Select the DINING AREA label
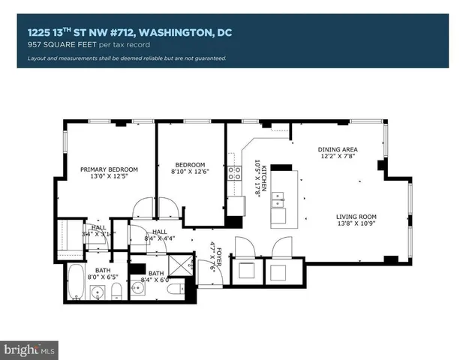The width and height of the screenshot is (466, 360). click(x=335, y=148)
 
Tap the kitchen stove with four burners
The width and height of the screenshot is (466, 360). click(x=234, y=175)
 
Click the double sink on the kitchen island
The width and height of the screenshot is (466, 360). click(x=280, y=199)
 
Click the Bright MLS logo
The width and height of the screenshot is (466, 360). click(x=30, y=349)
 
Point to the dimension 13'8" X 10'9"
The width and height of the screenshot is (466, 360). click(x=356, y=224)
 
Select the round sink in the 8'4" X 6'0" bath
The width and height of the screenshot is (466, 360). click(x=140, y=287)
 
